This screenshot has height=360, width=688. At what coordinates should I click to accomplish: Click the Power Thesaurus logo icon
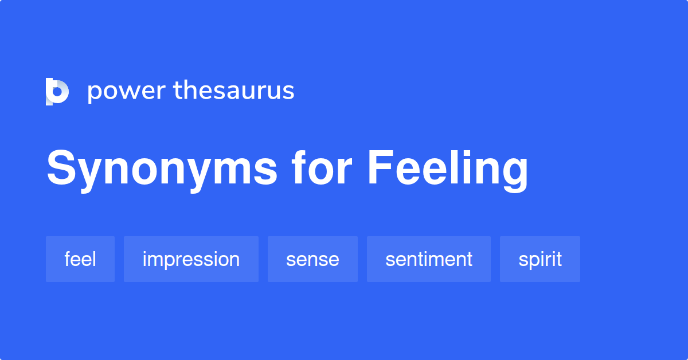(57, 91)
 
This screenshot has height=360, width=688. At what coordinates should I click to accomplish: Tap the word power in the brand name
(124, 92)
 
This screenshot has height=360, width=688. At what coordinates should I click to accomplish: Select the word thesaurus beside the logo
(234, 91)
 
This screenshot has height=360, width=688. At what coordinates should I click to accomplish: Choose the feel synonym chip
(80, 259)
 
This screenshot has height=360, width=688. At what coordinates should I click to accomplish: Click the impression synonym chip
(191, 259)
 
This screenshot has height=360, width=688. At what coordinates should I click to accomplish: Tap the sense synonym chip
(312, 259)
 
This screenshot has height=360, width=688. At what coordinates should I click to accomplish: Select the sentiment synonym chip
(429, 259)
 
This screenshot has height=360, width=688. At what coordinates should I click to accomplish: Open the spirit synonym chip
(540, 259)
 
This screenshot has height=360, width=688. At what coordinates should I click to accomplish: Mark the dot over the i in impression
(145, 251)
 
